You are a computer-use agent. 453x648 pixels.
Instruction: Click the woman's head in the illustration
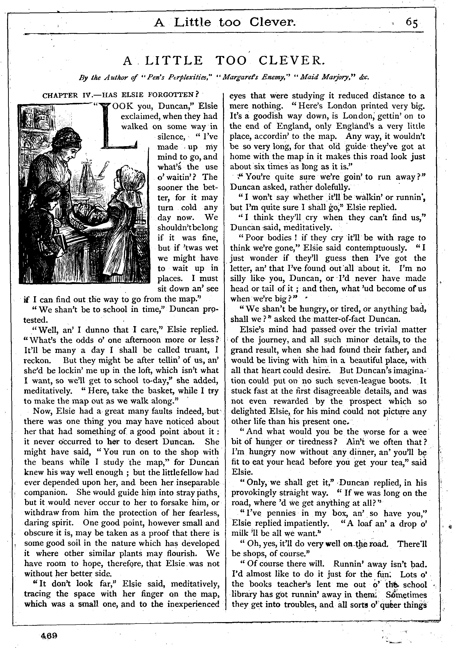(x=68, y=143)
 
